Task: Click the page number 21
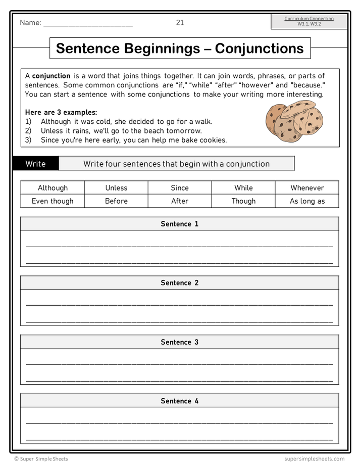click(x=180, y=22)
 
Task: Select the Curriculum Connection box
click(x=309, y=21)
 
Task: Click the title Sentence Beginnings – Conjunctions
click(x=180, y=49)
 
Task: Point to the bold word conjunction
click(x=51, y=76)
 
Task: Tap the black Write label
click(x=36, y=164)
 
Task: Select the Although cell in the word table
click(x=53, y=188)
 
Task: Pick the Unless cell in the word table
click(x=116, y=188)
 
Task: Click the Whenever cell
click(x=307, y=188)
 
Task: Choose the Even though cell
click(x=53, y=201)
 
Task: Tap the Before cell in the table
click(x=116, y=201)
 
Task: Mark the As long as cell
click(x=307, y=201)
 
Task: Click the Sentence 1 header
click(x=180, y=224)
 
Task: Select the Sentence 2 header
click(x=180, y=283)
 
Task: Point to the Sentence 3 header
click(x=180, y=342)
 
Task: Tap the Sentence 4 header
click(x=180, y=401)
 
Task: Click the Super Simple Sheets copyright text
click(x=41, y=459)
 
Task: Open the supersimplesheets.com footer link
click(x=314, y=459)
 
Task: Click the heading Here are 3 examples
click(x=61, y=112)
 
